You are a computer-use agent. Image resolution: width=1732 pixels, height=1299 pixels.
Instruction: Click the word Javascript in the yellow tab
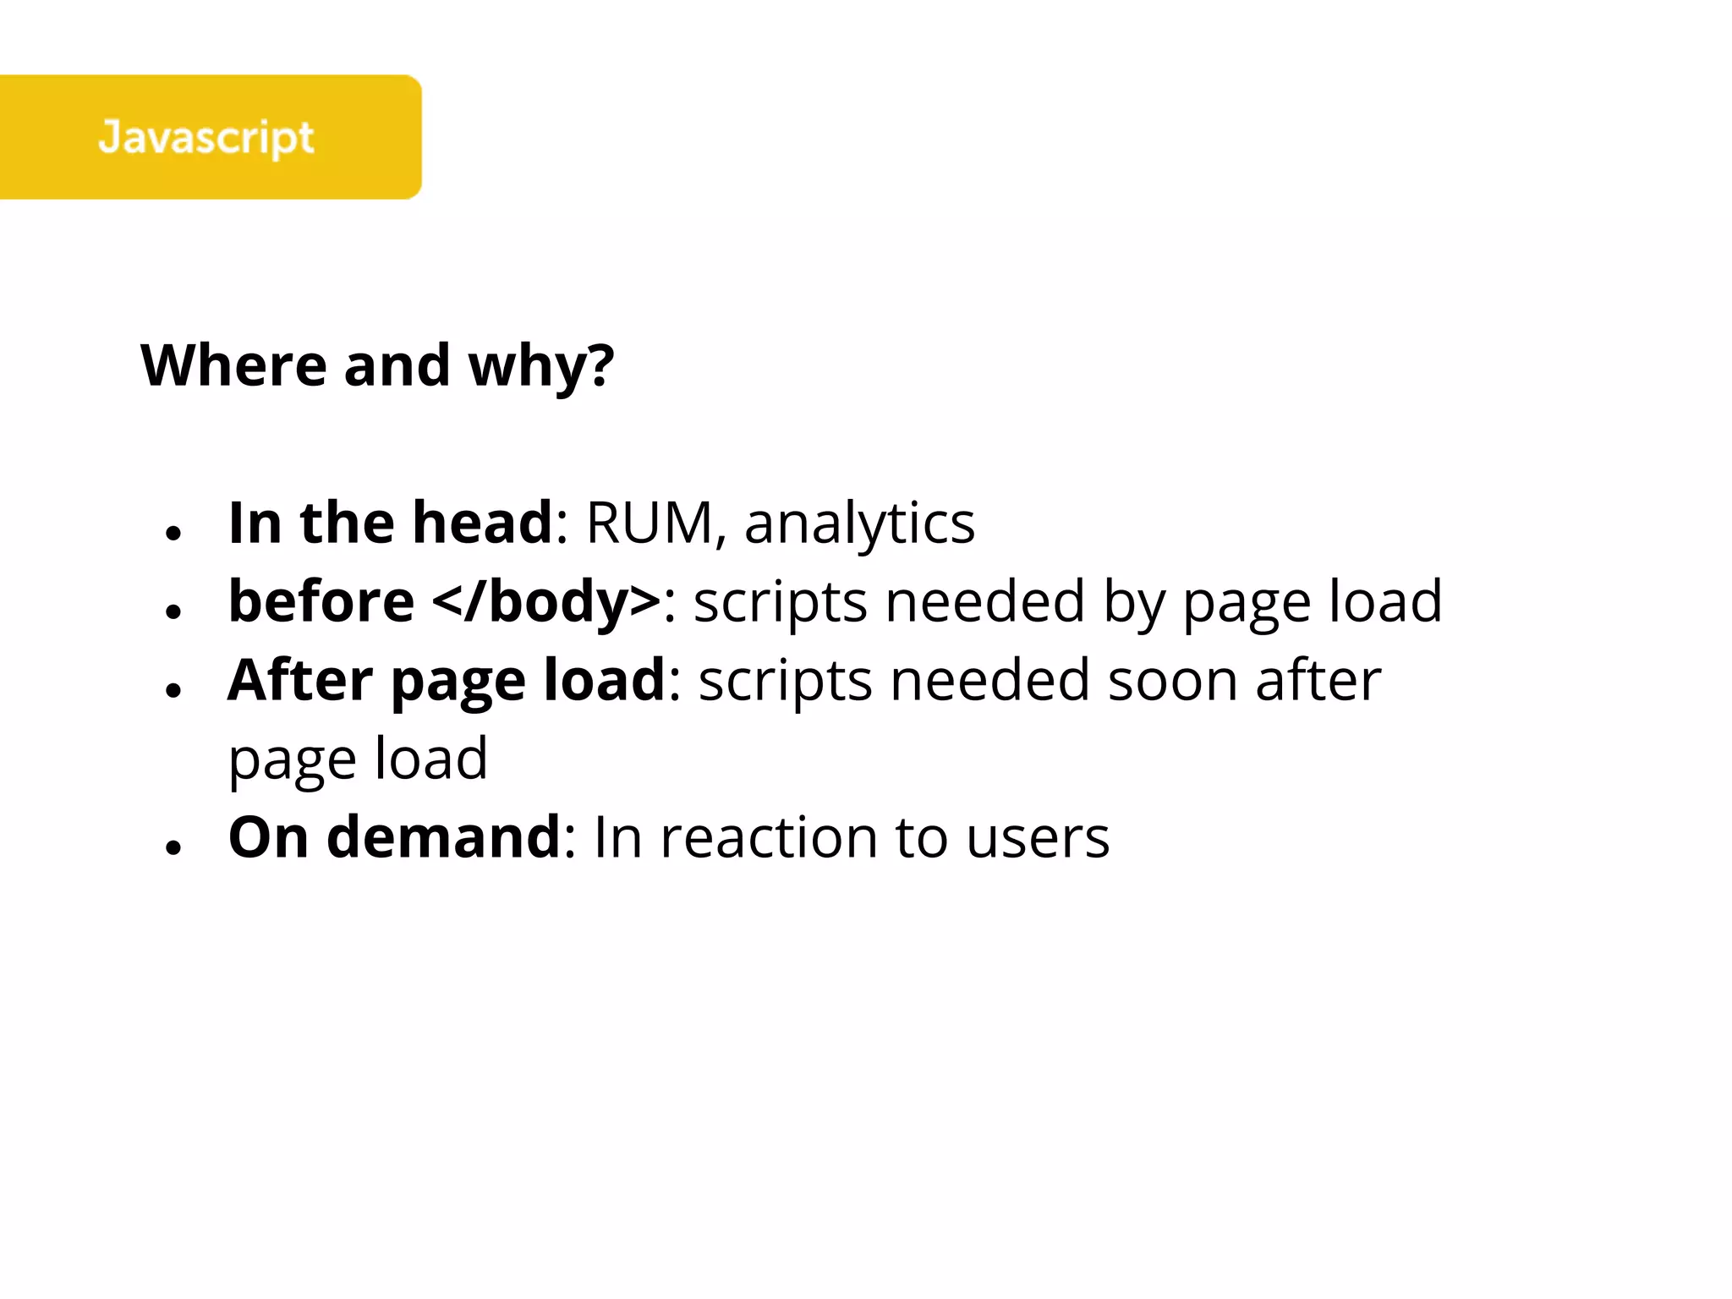click(206, 137)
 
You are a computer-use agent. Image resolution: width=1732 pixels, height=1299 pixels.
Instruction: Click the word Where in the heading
click(233, 365)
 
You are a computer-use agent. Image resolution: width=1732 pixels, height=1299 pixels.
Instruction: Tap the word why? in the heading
click(541, 367)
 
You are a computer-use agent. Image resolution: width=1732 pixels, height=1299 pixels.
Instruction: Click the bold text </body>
click(546, 601)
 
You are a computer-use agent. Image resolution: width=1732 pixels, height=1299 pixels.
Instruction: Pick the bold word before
click(321, 601)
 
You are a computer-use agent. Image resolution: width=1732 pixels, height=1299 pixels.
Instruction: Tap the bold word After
click(300, 680)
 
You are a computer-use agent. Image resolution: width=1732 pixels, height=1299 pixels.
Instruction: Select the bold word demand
click(444, 837)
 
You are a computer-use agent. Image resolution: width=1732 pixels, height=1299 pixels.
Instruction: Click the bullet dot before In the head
click(174, 534)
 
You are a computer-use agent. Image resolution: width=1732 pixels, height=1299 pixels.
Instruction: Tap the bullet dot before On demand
click(174, 847)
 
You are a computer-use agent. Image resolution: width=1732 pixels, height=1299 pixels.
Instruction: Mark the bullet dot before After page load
click(174, 690)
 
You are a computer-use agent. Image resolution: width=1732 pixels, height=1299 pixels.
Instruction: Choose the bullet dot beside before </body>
click(174, 611)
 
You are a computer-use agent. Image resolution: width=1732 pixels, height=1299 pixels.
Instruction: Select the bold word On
click(268, 837)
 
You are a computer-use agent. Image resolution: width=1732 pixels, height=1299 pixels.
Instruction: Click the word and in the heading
click(397, 365)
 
